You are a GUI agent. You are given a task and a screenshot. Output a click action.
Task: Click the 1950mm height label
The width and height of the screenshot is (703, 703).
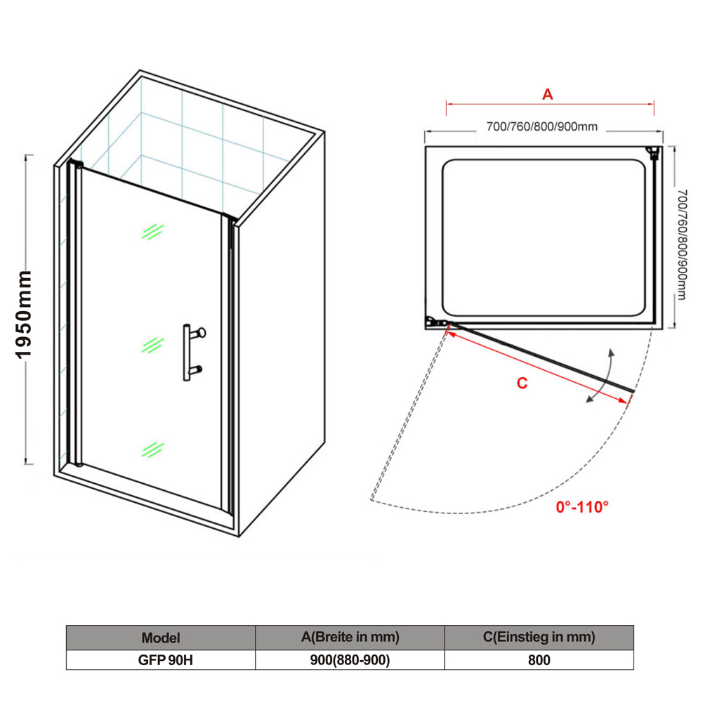(24, 315)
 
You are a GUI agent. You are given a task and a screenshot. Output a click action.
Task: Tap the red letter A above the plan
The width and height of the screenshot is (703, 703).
(547, 94)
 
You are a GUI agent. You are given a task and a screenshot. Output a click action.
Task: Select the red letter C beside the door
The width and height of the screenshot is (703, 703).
(522, 383)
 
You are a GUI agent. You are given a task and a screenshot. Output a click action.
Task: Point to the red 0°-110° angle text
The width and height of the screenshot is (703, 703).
(582, 507)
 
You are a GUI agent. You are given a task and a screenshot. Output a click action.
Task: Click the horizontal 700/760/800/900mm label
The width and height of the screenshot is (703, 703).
(542, 127)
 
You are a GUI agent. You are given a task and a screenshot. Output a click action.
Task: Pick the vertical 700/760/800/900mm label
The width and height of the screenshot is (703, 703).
(681, 244)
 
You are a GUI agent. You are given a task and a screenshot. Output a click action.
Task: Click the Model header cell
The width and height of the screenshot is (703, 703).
(161, 638)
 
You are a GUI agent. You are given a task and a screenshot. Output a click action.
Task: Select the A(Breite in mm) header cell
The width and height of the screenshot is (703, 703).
(350, 638)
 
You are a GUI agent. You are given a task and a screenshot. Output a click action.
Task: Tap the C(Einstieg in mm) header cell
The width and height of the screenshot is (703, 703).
(539, 638)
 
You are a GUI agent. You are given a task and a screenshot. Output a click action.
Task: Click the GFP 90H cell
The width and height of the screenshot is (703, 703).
(161, 660)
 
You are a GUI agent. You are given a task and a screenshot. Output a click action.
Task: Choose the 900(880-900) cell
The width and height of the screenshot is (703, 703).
(350, 660)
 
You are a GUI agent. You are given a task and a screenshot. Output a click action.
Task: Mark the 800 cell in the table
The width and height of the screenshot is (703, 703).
(539, 660)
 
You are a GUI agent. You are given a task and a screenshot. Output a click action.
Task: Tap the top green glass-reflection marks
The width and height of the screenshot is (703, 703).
(153, 231)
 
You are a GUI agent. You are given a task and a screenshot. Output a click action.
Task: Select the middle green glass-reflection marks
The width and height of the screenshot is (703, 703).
(153, 346)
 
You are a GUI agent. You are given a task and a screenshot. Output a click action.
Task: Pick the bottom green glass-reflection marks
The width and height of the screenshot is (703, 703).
(153, 449)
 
